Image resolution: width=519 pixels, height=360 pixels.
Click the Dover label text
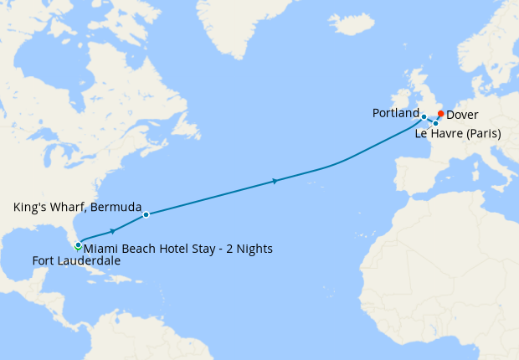coord(463,115)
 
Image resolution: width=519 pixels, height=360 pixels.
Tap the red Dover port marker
coord(441,114)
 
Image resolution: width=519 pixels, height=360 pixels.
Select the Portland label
coord(395,113)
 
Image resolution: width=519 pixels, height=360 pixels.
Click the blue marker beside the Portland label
coord(424,117)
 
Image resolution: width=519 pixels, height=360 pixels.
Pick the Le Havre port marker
coord(435,124)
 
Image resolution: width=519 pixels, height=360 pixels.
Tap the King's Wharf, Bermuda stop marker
coord(146,215)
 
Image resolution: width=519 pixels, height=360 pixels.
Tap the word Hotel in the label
coord(172,249)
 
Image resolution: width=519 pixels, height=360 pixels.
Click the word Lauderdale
coord(89,261)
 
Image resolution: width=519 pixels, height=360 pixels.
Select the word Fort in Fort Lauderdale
coord(44,261)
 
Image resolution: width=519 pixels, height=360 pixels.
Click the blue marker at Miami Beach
coord(79,244)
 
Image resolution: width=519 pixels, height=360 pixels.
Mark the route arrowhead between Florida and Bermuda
coord(112,231)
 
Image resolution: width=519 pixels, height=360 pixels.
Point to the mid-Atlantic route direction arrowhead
coord(275,180)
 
